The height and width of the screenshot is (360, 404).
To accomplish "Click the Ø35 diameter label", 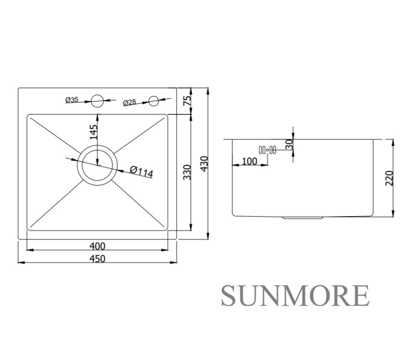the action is (x=72, y=99).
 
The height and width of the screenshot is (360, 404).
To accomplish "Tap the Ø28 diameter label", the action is (x=129, y=102).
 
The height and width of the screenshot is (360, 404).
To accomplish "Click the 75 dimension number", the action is (x=187, y=100).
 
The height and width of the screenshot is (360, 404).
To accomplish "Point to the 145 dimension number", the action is (x=93, y=132).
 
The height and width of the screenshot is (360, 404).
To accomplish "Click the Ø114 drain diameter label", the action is (x=141, y=172).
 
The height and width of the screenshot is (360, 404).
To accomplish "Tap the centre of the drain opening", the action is (x=97, y=165).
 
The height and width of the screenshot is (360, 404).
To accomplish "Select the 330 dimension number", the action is (x=187, y=172).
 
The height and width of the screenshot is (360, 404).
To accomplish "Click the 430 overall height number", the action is (x=204, y=163).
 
